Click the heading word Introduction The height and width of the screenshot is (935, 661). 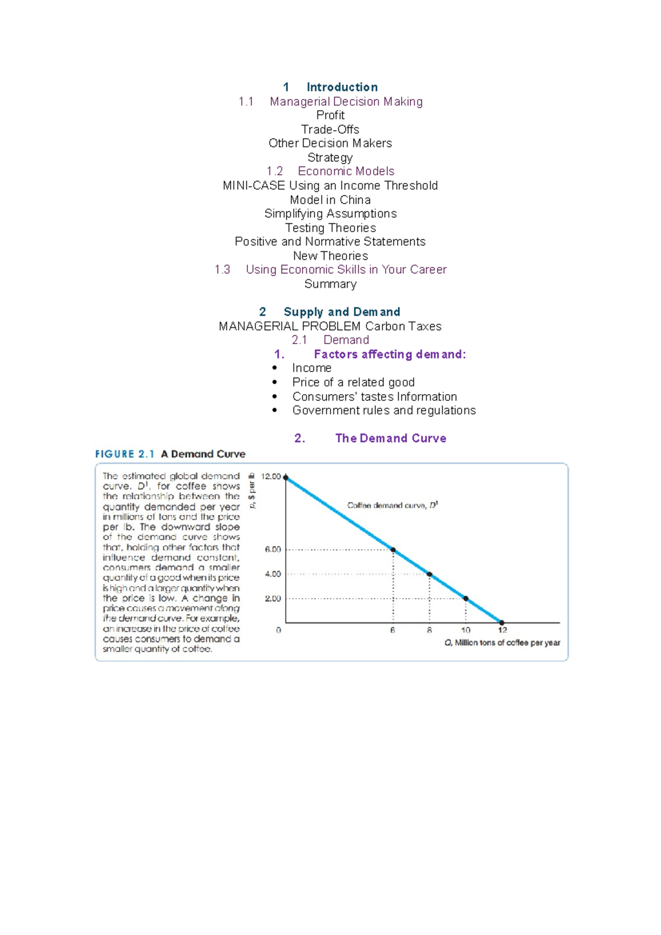[x=342, y=87]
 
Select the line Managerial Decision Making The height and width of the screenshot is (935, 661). [x=346, y=101]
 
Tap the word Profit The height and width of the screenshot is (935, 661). [x=330, y=115]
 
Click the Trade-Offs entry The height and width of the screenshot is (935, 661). [x=330, y=130]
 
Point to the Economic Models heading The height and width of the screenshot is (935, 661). [x=346, y=171]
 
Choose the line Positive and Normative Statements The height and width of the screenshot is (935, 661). [x=330, y=241]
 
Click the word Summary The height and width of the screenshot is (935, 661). [x=330, y=284]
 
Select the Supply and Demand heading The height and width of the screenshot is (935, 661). [x=342, y=312]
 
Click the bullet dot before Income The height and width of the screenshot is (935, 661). [x=275, y=368]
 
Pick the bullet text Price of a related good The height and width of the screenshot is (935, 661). [x=353, y=383]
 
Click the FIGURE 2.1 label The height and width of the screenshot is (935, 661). [x=124, y=454]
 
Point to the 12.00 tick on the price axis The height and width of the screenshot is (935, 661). [x=271, y=476]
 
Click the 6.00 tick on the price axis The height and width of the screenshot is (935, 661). [x=273, y=550]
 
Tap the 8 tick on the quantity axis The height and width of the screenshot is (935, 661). [x=429, y=630]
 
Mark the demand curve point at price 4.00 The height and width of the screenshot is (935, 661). [x=430, y=574]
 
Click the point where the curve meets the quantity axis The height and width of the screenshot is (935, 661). [x=502, y=623]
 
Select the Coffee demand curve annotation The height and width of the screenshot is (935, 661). [x=392, y=506]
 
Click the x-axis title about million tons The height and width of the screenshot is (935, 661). [x=502, y=643]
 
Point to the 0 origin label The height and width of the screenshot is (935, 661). [x=279, y=630]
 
